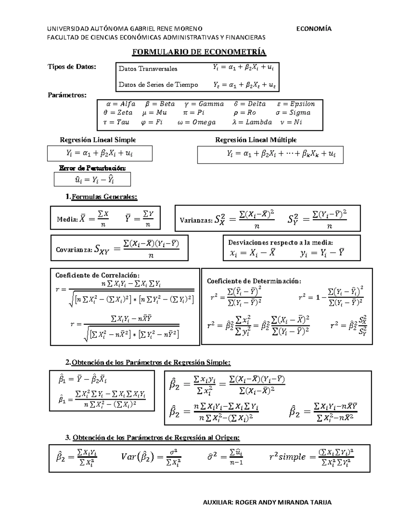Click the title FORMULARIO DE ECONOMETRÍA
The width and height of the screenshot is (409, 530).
199,52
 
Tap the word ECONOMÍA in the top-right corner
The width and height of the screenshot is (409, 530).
314,29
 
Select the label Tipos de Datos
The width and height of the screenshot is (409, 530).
72,67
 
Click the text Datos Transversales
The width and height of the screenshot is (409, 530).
148,69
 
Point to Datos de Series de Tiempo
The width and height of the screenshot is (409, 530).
158,85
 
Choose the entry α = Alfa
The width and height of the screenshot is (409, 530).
121,104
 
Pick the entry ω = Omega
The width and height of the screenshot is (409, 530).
197,122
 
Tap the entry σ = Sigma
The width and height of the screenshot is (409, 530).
293,113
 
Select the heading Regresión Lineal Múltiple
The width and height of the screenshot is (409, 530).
256,140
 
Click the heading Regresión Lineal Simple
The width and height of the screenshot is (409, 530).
98,140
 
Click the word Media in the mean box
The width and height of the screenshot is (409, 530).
67,219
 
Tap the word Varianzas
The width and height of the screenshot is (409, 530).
196,220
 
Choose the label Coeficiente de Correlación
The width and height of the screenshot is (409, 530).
97,275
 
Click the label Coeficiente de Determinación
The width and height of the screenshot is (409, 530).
254,281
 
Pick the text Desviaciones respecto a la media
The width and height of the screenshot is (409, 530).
281,243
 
